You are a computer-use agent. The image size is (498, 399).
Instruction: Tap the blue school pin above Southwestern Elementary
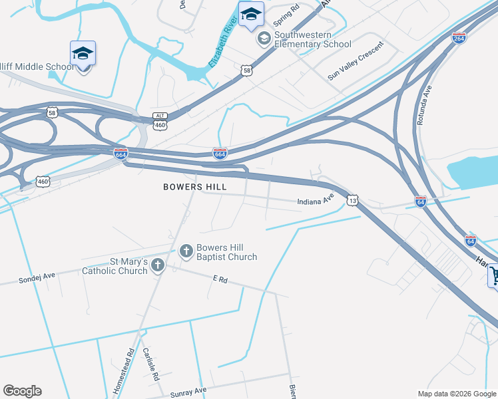[x=251, y=15]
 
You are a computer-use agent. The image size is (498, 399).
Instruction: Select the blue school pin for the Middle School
[x=83, y=53]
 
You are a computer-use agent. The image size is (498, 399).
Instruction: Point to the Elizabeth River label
[x=223, y=44]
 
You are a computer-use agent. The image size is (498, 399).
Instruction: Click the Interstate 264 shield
[x=459, y=38]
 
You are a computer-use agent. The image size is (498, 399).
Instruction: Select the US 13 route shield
[x=353, y=200]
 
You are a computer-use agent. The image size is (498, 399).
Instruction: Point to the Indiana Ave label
[x=315, y=200]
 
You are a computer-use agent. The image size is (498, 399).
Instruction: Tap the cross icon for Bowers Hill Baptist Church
[x=186, y=251]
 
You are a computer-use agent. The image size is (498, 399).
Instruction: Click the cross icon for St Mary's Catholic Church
[x=158, y=266]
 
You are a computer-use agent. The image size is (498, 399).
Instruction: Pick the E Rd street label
[x=220, y=281]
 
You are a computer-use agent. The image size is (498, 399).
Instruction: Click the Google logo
[x=22, y=391]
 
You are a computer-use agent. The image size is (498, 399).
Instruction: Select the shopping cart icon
[x=494, y=275]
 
